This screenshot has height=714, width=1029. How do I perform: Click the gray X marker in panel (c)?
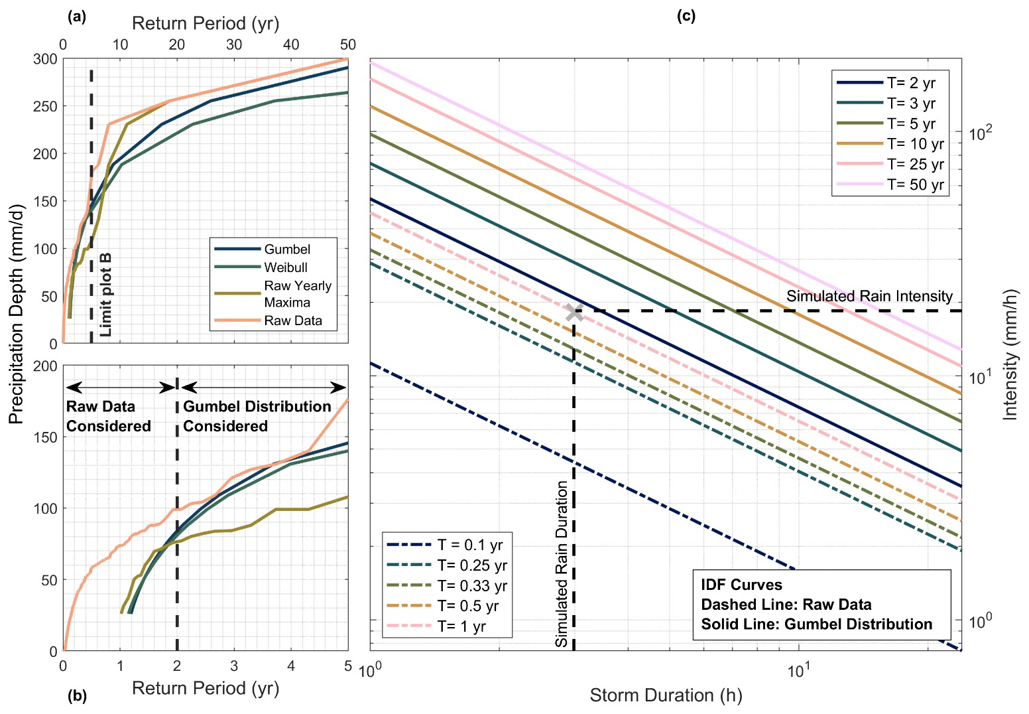click(x=575, y=311)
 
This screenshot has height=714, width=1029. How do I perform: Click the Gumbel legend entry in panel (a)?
click(x=286, y=250)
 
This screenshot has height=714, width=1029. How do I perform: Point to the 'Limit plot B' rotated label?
click(x=105, y=295)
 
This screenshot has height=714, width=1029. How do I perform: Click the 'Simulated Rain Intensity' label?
click(x=869, y=296)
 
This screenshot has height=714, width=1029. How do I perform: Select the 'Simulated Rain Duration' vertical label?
click(x=562, y=564)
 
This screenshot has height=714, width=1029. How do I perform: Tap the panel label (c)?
click(x=686, y=16)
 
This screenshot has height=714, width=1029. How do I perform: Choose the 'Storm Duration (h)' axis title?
click(x=666, y=695)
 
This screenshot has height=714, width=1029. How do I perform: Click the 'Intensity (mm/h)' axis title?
click(x=1010, y=354)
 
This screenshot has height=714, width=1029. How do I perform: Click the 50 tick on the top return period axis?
click(x=347, y=44)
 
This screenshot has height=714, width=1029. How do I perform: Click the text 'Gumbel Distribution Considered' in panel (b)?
click(x=257, y=416)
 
